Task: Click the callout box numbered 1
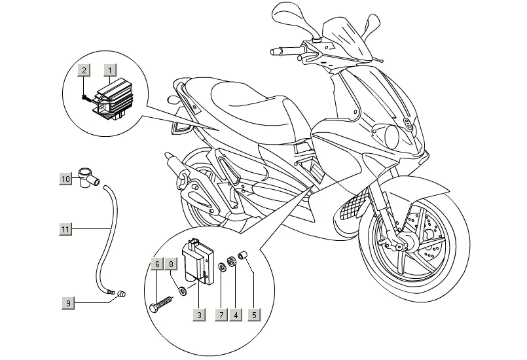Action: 110,71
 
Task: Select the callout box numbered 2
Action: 84,70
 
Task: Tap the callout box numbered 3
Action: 199,315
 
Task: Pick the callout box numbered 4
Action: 236,315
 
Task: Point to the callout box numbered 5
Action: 254,315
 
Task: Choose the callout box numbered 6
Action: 157,264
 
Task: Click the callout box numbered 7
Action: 221,315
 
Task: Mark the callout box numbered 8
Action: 171,264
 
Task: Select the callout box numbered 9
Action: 69,303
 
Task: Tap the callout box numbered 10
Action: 66,179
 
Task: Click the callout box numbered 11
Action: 65,229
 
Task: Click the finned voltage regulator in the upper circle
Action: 109,99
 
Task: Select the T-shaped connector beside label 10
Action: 88,178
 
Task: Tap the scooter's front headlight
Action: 393,136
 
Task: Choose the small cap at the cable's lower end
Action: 121,294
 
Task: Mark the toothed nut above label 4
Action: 230,261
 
